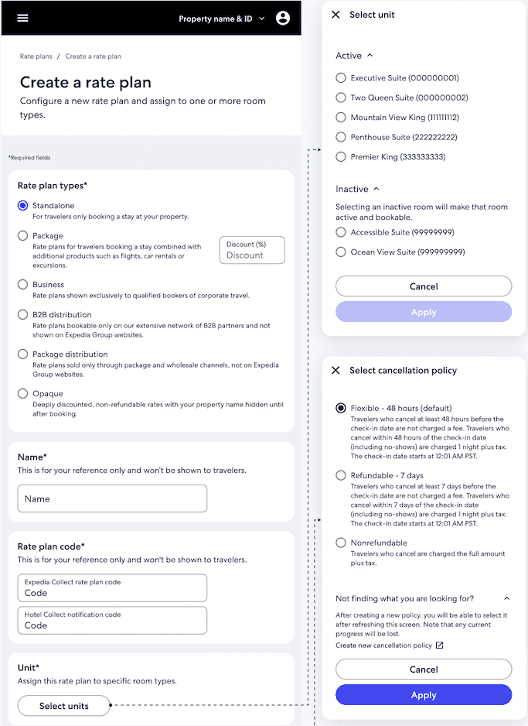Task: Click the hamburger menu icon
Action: coord(22,18)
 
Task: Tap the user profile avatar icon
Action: coord(283,18)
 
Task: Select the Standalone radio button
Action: coord(23,206)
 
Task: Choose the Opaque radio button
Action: coord(23,394)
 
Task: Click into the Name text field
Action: coord(112,499)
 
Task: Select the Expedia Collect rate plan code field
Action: coord(112,588)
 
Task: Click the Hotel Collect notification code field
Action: coord(112,621)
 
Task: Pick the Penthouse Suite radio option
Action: coord(341,137)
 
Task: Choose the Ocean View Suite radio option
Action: coord(341,252)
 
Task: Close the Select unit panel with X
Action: coord(336,15)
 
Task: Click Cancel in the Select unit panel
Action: coord(424,286)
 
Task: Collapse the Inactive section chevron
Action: coord(376,189)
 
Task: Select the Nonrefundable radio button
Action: coord(341,543)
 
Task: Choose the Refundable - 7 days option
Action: coord(341,475)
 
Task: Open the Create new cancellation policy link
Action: coord(390,646)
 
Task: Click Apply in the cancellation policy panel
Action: coord(424,695)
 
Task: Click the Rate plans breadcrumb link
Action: coord(36,57)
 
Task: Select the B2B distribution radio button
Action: coord(23,315)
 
